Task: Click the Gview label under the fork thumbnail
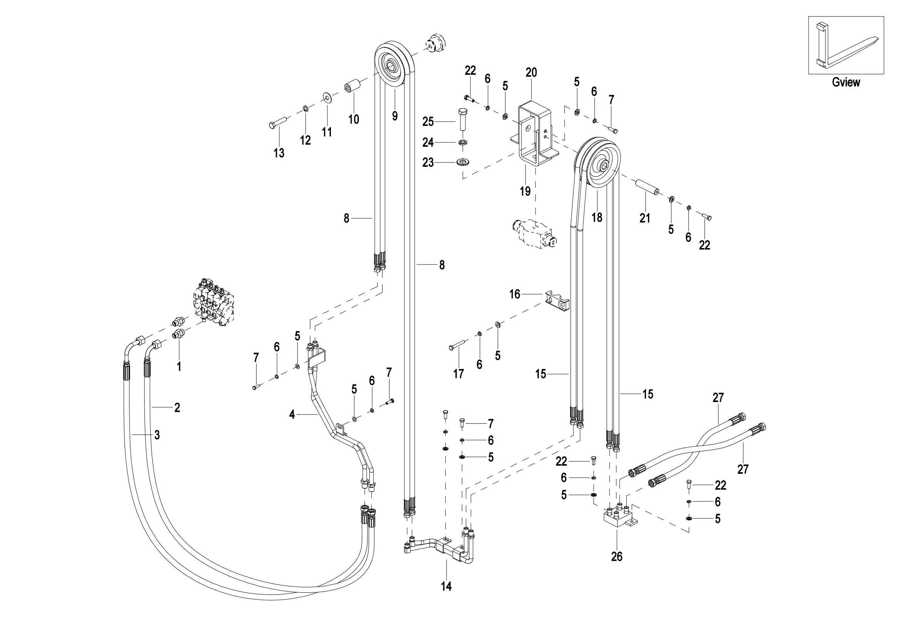[846, 82]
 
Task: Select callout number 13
[279, 153]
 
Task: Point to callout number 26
[616, 556]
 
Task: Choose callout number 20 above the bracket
[531, 72]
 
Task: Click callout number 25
[428, 122]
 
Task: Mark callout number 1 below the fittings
[179, 367]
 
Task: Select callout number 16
[515, 294]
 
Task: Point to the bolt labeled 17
[457, 345]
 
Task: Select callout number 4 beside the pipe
[292, 415]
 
